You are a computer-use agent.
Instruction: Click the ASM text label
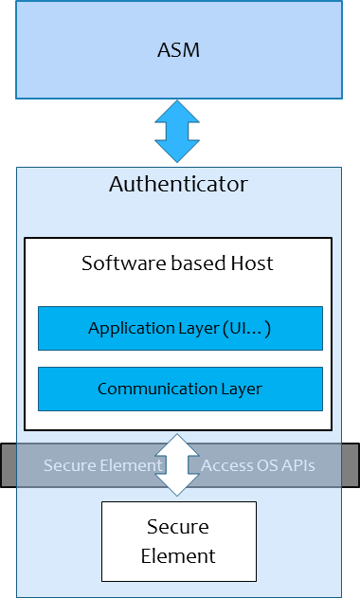[x=178, y=49]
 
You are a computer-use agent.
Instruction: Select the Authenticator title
[x=178, y=184]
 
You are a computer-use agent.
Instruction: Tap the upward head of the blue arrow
[x=178, y=112]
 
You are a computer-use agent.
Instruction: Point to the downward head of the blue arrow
[x=178, y=152]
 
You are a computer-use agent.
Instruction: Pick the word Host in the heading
[x=251, y=263]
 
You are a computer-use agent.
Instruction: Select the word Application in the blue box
[x=127, y=329]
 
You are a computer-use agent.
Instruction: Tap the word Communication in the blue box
[x=155, y=389]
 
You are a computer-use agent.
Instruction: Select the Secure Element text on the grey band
[x=103, y=465]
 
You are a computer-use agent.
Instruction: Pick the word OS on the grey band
[x=264, y=465]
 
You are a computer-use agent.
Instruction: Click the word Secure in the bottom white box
[x=178, y=527]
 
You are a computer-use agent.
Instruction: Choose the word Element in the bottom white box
[x=178, y=555]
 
